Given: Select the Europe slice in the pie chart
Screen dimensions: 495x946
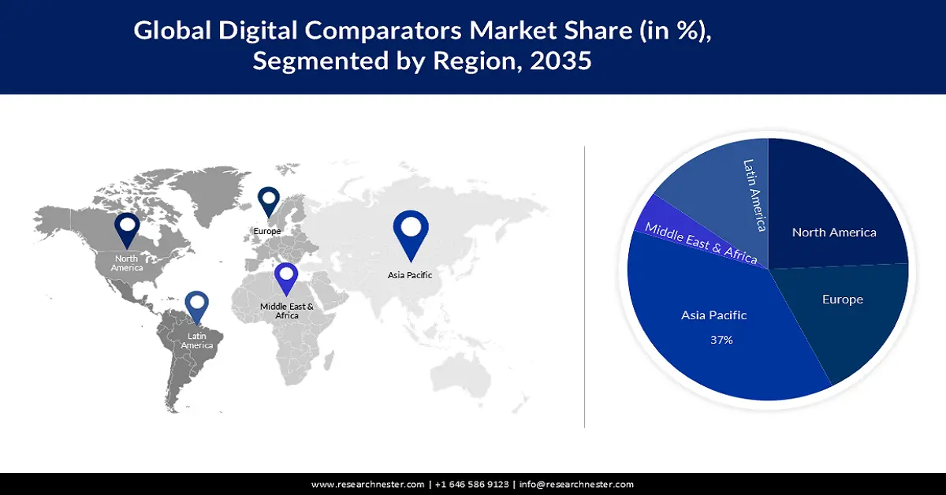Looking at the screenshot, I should click(842, 315).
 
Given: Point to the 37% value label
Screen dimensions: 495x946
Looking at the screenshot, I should click(720, 341).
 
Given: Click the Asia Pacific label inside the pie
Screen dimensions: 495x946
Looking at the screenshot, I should click(713, 315).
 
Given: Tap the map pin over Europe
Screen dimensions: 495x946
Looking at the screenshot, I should click(269, 200).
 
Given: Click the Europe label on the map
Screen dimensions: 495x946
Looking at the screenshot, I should click(267, 231).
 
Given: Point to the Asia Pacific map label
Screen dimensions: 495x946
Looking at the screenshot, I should click(410, 275).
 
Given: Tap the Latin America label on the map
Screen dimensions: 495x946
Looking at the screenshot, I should click(196, 341).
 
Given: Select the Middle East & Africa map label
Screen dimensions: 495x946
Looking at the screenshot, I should click(287, 311).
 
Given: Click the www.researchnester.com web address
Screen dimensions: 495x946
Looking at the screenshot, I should click(368, 484).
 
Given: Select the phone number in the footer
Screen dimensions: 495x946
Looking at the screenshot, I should click(471, 484).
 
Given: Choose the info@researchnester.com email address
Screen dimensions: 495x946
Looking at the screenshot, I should click(576, 484).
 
